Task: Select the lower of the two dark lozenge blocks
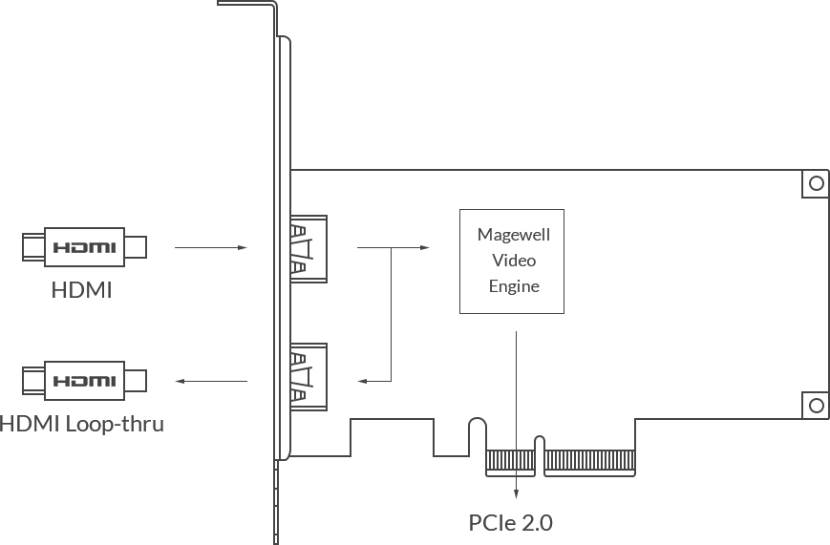[x=84, y=382]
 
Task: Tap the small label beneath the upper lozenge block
[x=80, y=286]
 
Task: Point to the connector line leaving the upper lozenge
[x=218, y=248]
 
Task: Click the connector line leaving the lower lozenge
[x=220, y=382]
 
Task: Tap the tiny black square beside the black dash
[x=508, y=279]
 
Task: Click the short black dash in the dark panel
[x=543, y=279]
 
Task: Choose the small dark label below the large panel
[x=521, y=523]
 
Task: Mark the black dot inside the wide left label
[x=118, y=431]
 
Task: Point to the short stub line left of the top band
[x=240, y=4]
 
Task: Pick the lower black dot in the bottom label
[x=477, y=530]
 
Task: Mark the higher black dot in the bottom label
[x=493, y=522]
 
